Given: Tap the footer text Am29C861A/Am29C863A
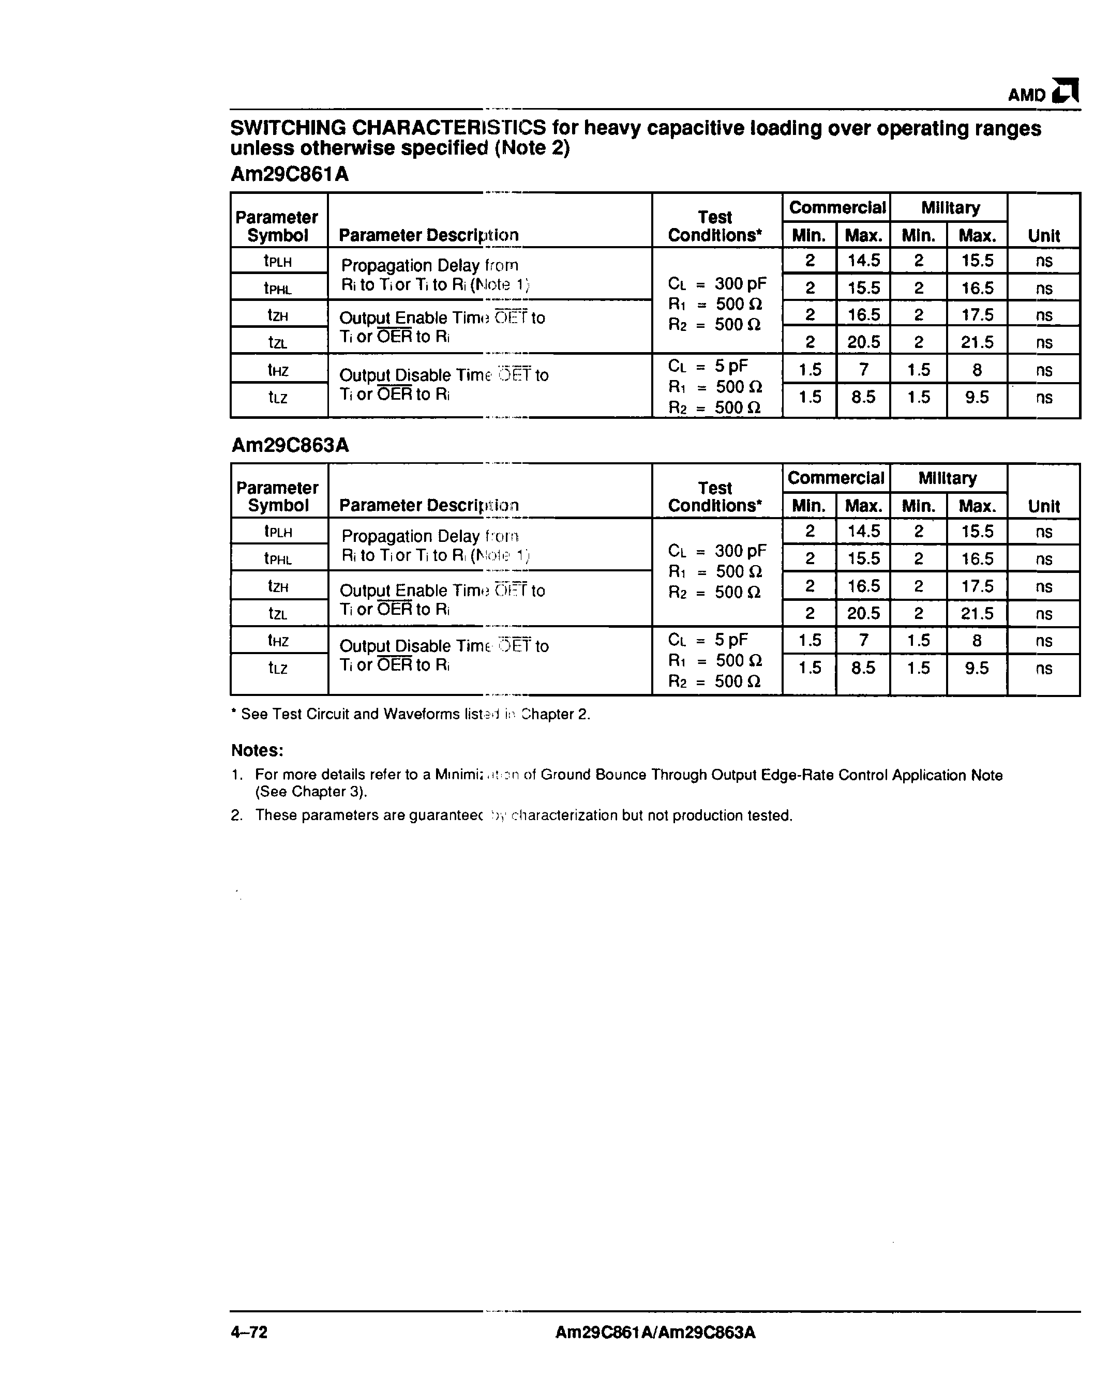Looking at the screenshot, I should tap(655, 1333).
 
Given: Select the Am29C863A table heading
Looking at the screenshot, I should tap(290, 445).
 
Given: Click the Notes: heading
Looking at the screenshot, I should tap(257, 750).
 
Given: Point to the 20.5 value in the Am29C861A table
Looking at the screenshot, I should tap(863, 342).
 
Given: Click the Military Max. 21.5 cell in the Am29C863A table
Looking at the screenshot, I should tap(977, 613).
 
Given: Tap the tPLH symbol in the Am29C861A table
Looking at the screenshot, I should tap(277, 261).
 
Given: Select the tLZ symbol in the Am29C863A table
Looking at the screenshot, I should tap(277, 668).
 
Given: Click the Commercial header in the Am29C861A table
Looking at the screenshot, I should tap(837, 207).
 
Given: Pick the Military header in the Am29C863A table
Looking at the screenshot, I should tap(948, 478).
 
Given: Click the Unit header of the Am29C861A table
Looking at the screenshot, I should tap(1044, 235).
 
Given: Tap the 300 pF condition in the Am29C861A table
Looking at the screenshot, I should tap(740, 284).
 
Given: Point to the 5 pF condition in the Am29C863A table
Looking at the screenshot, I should tap(730, 640).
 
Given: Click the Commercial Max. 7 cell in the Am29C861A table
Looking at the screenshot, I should tap(863, 370).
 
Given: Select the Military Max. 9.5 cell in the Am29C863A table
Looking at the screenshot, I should tap(977, 668).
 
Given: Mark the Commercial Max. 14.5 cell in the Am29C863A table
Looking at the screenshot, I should tap(863, 531).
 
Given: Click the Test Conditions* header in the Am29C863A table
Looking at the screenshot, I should tap(715, 496).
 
